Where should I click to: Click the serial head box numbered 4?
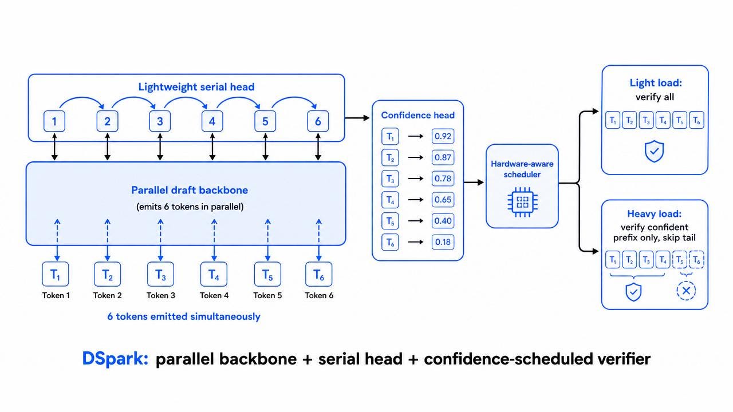(x=212, y=121)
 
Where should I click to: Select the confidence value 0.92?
(x=443, y=136)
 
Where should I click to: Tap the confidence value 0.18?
(x=443, y=242)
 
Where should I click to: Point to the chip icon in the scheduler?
(x=522, y=202)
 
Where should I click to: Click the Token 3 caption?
(x=161, y=295)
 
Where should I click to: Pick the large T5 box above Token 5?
(x=267, y=274)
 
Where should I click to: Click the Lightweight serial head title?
(x=196, y=86)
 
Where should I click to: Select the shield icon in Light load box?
(x=654, y=151)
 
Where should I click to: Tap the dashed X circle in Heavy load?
(x=686, y=290)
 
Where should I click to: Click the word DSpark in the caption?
(x=115, y=358)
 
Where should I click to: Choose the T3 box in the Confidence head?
(x=390, y=179)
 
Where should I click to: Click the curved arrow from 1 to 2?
(x=82, y=97)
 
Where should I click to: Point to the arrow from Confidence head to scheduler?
(x=474, y=182)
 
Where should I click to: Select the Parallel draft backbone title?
(x=190, y=190)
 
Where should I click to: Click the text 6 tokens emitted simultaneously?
(x=184, y=316)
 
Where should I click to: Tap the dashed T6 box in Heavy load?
(x=697, y=260)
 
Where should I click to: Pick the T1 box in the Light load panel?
(x=613, y=120)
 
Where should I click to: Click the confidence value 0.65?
(x=443, y=200)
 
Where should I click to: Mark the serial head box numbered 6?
(x=318, y=121)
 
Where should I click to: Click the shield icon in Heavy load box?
(x=633, y=292)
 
